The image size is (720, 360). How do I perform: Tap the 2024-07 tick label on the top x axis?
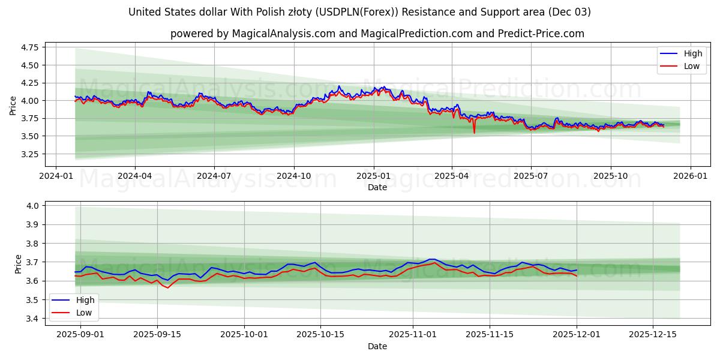coord(214,176)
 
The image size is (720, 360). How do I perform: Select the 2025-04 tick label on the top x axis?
coord(452,176)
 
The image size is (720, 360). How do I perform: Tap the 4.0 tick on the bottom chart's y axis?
coord(32,206)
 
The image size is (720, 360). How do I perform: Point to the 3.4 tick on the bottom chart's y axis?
coord(32,319)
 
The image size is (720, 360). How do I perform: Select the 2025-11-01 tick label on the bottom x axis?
coord(413,335)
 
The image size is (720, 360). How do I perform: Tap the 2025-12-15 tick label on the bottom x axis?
coord(652,335)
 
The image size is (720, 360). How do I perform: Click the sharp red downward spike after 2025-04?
coord(474,132)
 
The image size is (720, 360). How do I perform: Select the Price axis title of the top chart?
coord(13,106)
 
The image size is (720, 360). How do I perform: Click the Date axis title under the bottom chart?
coord(377,346)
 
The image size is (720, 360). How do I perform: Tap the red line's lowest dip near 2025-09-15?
coord(167,287)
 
